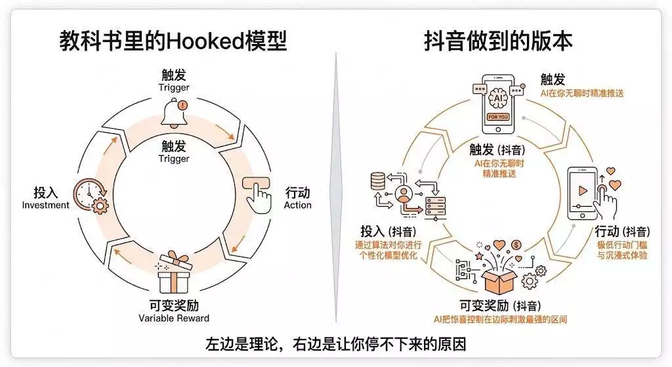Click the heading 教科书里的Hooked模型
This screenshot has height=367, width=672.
pos(173,41)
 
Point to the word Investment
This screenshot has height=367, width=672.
pos(45,205)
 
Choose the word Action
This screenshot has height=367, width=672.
pos(297,205)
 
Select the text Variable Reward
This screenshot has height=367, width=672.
pos(174,318)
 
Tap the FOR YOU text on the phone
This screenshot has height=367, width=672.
pos(497,117)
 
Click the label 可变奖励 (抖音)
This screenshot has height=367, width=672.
pos(499,306)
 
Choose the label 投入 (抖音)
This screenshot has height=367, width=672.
pos(389,232)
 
